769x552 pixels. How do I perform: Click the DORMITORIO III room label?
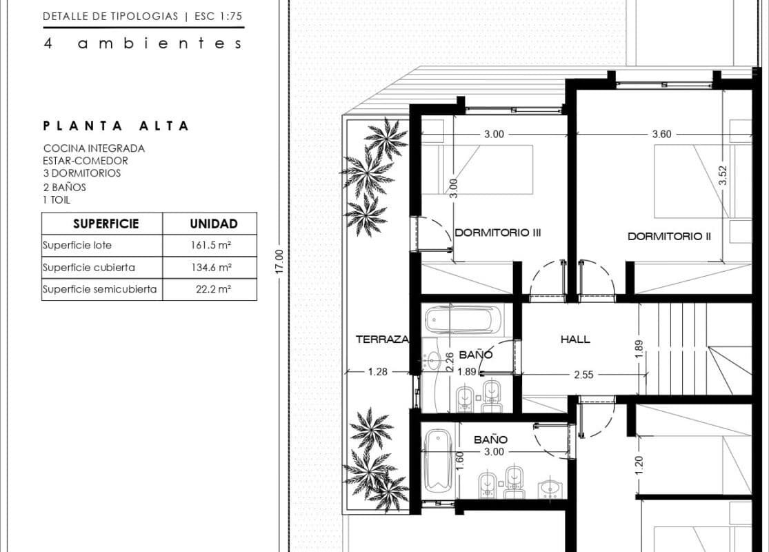point(498,233)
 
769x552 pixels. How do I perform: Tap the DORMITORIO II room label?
point(669,237)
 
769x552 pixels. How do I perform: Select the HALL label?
point(575,339)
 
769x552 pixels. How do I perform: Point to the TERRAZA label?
point(382,339)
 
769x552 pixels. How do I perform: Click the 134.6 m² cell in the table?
point(211,268)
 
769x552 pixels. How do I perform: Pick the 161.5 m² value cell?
point(211,246)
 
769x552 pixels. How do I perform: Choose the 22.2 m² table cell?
point(213,290)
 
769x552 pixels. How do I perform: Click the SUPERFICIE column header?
point(106,224)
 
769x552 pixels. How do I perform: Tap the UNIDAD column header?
point(214,224)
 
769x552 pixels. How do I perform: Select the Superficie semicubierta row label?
point(99,290)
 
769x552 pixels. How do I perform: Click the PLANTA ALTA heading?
point(117,126)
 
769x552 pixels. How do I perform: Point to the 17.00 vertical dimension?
point(279,262)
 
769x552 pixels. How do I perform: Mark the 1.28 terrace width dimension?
point(378,372)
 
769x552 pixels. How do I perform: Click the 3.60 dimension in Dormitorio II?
point(661,134)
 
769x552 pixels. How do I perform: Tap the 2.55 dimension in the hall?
point(583,375)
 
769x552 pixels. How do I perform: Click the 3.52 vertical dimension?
point(722,175)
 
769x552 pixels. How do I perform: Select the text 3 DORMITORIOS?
point(82,173)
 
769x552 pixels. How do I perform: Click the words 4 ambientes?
point(143,43)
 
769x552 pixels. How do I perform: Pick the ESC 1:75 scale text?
point(218,16)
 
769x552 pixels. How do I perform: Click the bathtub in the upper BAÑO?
point(463,319)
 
